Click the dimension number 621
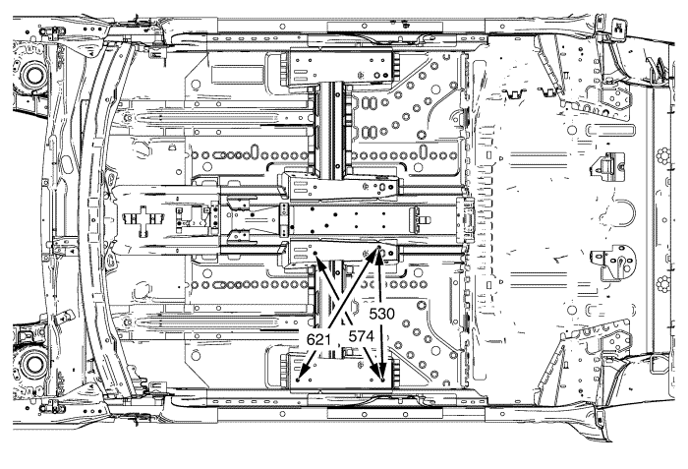pyautogui.click(x=320, y=339)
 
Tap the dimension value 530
pyautogui.click(x=383, y=318)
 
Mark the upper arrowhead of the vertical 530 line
pyautogui.click(x=380, y=253)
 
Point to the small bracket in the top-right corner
pyautogui.click(x=621, y=28)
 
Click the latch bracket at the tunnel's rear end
pyautogui.click(x=467, y=216)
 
